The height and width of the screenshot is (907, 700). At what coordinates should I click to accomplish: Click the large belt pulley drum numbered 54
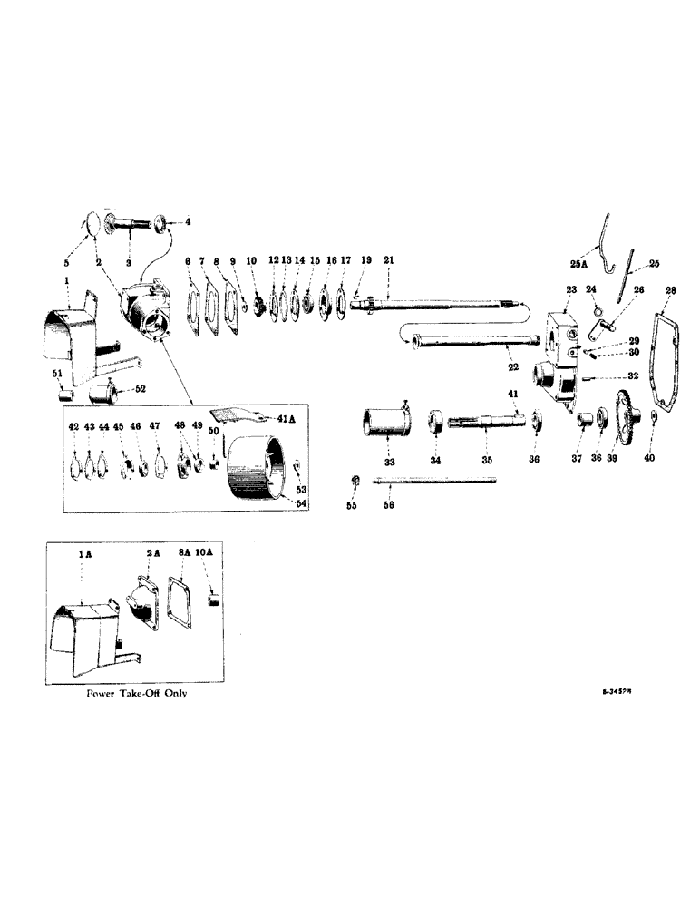258,465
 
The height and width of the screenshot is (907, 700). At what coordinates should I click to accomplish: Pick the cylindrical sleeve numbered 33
383,423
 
